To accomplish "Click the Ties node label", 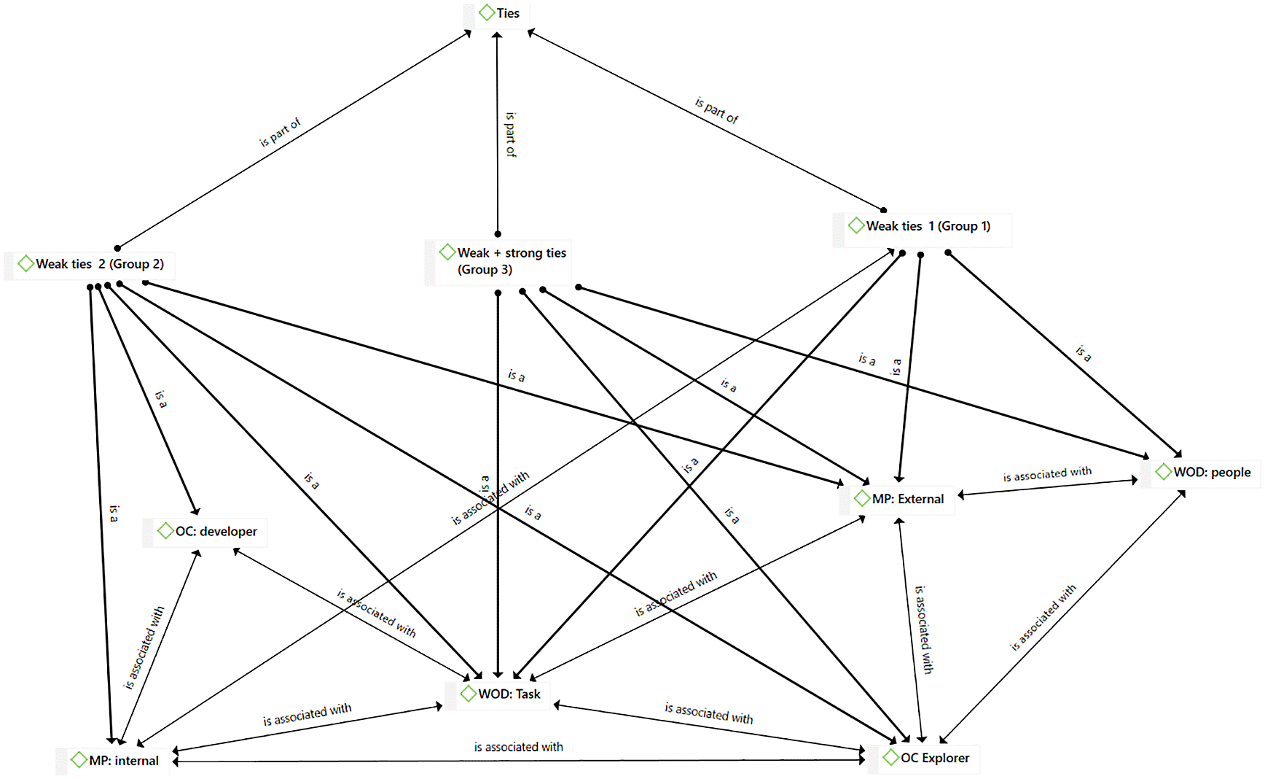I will tap(507, 13).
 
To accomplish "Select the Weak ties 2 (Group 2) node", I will tap(99, 264).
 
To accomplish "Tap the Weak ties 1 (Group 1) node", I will tap(928, 226).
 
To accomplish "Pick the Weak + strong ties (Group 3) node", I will tap(511, 261).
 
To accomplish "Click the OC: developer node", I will tap(216, 532).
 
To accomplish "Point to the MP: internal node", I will tap(123, 761).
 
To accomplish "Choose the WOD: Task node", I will tap(509, 694).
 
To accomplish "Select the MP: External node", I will tap(907, 499).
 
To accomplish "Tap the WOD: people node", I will tap(1211, 472).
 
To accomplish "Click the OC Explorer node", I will tap(934, 758).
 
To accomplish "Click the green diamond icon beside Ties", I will tap(487, 12).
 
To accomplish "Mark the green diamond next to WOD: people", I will tap(1163, 472).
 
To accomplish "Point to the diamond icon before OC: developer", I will tap(165, 531).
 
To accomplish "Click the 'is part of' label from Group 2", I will tap(281, 132).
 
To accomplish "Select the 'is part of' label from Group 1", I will tap(717, 111).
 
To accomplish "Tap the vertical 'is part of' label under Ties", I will tap(511, 134).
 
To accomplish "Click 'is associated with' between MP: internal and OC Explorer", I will tap(518, 747).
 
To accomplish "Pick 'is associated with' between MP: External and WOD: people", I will tap(1047, 475).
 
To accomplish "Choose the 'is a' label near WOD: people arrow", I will tap(1084, 354).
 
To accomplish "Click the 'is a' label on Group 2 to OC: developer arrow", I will tap(161, 399).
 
